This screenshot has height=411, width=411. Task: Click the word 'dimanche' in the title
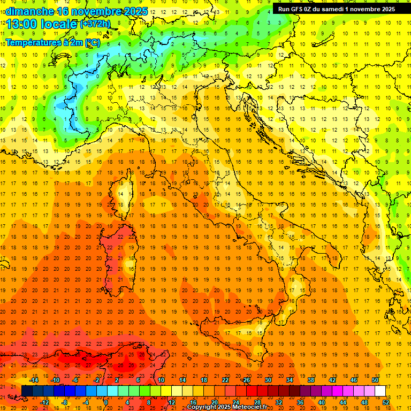coord(29,11)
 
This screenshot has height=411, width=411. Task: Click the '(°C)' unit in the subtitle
coord(92,42)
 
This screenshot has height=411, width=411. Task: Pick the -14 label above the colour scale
coord(34,380)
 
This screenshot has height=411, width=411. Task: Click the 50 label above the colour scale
coord(375,380)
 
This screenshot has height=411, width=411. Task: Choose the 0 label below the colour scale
coord(105,402)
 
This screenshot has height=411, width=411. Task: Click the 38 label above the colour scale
coord(311,380)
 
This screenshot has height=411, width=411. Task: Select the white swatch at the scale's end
coord(380,391)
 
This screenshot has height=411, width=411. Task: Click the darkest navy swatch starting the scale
coord(27,391)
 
